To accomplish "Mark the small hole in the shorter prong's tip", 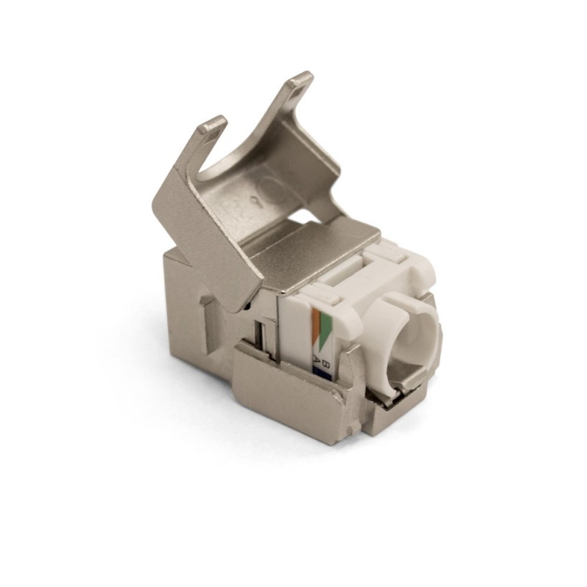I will click(212, 126).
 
